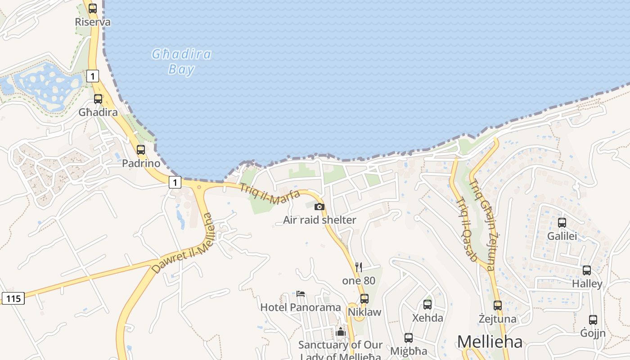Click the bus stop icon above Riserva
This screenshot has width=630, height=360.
pos(93,8)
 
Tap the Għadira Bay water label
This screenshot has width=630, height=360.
pos(181,62)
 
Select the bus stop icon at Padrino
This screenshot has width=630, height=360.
pos(141,150)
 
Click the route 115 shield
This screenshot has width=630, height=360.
pos(13,298)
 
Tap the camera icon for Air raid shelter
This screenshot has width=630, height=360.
pos(319,207)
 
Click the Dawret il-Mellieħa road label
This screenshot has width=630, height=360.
pos(182,243)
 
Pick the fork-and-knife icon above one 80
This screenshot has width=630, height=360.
pos(359,267)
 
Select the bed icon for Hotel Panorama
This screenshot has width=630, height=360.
pos(301,294)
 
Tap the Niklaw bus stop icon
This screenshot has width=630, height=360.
pos(364,298)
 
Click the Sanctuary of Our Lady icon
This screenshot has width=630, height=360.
pos(341,332)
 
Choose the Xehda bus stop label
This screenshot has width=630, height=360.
pos(428,318)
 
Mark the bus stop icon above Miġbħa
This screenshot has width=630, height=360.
pos(409,337)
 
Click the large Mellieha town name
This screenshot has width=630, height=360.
pos(490,342)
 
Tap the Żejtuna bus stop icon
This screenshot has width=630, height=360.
pos(497,305)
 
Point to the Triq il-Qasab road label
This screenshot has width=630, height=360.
pos(466,229)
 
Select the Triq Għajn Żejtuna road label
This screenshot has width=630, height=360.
pos(482,225)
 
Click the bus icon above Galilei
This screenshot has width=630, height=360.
pos(562,222)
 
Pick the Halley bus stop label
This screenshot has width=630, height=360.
pos(587,284)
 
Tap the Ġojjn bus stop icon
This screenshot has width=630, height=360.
pos(593,319)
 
